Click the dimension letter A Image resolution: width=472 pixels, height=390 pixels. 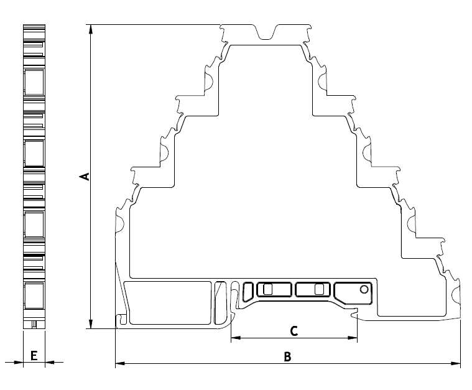85,177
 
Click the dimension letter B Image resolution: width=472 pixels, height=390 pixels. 287,356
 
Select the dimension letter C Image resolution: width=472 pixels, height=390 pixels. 294,331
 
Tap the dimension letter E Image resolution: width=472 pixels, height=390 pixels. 34,356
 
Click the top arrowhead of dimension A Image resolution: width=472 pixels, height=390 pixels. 91,28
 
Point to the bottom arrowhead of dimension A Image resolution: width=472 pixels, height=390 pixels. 91,325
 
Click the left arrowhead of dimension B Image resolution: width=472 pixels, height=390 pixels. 120,363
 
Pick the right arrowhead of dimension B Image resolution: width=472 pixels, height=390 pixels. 456,363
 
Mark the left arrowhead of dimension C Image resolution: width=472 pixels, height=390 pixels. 236,338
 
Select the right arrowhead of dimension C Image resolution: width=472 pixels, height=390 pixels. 353,338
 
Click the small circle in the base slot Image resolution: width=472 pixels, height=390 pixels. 364,289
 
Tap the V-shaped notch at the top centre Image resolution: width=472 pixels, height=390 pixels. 266,32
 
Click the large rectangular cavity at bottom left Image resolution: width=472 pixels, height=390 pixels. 168,303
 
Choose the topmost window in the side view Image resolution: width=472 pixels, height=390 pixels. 34,82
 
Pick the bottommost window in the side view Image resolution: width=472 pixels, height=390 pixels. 34,295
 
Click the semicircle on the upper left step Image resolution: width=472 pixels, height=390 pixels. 209,81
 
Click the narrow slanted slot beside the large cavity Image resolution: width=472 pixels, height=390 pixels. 220,303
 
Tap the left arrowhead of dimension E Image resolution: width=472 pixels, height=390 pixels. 19,362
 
